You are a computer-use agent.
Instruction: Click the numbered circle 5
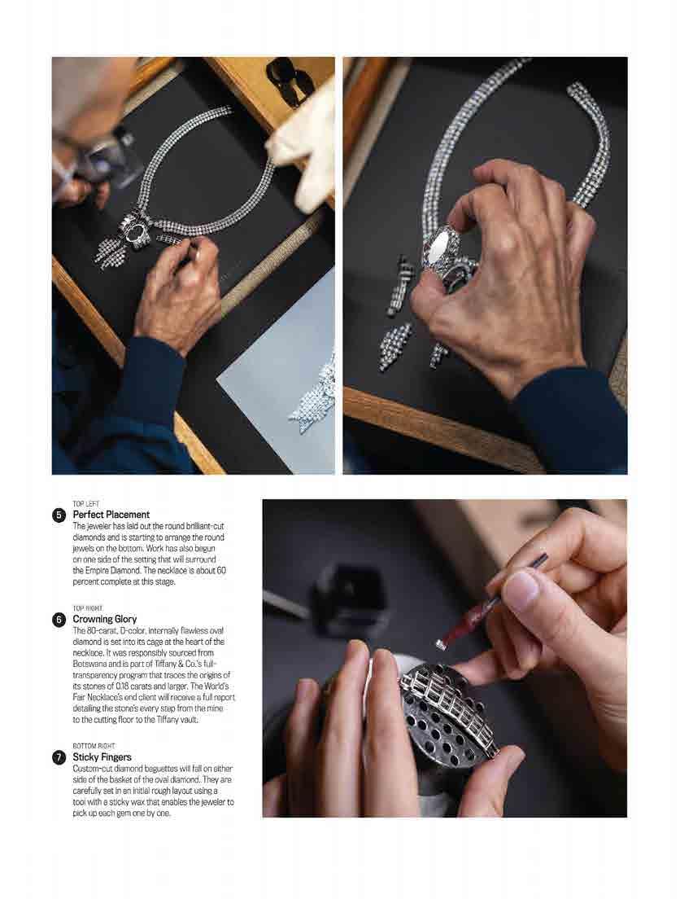pos(59,515)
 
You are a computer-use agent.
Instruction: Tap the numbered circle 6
pos(59,619)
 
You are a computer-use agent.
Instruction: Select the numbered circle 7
pos(59,757)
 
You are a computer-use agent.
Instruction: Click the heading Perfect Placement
pos(111,515)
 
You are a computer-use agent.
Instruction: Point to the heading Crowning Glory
pos(105,619)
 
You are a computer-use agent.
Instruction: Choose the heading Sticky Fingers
pos(102,757)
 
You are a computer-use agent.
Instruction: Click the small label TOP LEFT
pos(86,504)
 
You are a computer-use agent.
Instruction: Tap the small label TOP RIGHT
pos(88,608)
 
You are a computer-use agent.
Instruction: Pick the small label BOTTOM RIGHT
pos(94,746)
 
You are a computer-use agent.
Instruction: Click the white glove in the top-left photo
pos(303,143)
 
